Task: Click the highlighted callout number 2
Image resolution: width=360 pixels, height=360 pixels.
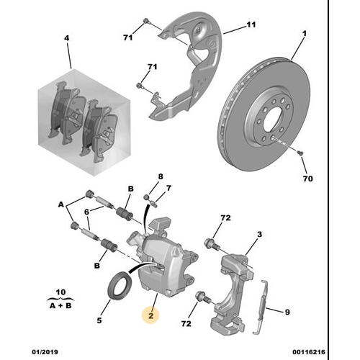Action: pos(150,315)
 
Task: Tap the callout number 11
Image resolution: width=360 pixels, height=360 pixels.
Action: pos(251,24)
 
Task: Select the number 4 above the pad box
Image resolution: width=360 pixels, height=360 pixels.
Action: pos(67,38)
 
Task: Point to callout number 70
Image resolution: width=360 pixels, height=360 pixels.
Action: pos(307,179)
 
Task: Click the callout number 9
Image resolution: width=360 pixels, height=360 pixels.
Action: pos(287,312)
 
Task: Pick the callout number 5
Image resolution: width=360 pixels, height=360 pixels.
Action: pos(99,320)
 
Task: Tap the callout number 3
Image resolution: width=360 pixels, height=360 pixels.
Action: pos(259,234)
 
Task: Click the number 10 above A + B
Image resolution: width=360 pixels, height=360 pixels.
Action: pos(60,292)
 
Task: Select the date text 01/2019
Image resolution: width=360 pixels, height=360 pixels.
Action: pos(45,352)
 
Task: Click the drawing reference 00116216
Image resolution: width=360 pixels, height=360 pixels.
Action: pos(309,352)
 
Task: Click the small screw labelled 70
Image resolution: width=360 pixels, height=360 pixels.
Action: pos(300,153)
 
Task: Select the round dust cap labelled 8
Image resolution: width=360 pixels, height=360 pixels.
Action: pos(148,197)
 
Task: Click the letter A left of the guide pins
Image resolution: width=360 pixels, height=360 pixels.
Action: pos(61,204)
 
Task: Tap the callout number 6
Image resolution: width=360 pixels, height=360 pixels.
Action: pos(86,212)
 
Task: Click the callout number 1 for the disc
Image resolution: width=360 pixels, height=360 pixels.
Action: pos(305,34)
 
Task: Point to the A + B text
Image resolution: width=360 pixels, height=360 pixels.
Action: pos(60,306)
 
